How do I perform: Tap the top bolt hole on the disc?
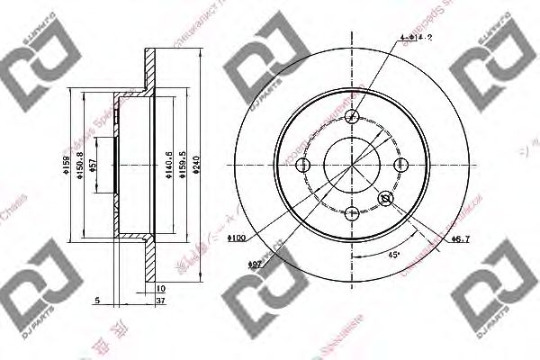(352, 117)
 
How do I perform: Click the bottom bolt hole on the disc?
(352, 212)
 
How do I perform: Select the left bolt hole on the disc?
(304, 165)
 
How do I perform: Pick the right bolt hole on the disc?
(400, 165)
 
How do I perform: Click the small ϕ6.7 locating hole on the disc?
(386, 199)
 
